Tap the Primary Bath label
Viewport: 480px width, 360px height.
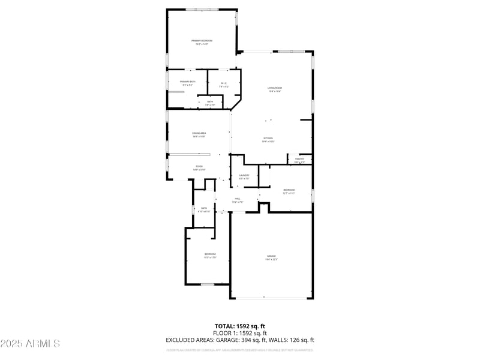(x=187, y=82)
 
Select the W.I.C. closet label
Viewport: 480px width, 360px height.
(x=224, y=83)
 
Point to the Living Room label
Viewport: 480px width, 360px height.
(x=275, y=88)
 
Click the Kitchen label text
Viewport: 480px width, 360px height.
(x=268, y=138)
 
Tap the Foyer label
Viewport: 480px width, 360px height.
(x=199, y=166)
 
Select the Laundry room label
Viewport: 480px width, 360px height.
(x=244, y=175)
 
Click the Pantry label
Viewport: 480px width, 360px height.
(x=299, y=159)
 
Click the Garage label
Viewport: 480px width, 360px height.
(x=272, y=256)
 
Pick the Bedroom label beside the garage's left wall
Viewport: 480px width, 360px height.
(x=210, y=254)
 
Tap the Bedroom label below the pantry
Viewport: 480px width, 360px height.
(x=289, y=190)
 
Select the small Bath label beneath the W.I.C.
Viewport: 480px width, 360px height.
(x=210, y=101)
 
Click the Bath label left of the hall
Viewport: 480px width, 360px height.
(x=204, y=208)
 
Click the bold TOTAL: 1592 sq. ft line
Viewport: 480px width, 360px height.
(x=240, y=326)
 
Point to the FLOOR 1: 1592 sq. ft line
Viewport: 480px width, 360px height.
(x=240, y=333)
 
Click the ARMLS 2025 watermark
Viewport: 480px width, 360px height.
(x=30, y=343)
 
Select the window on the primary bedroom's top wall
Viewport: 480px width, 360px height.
(x=202, y=9)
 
